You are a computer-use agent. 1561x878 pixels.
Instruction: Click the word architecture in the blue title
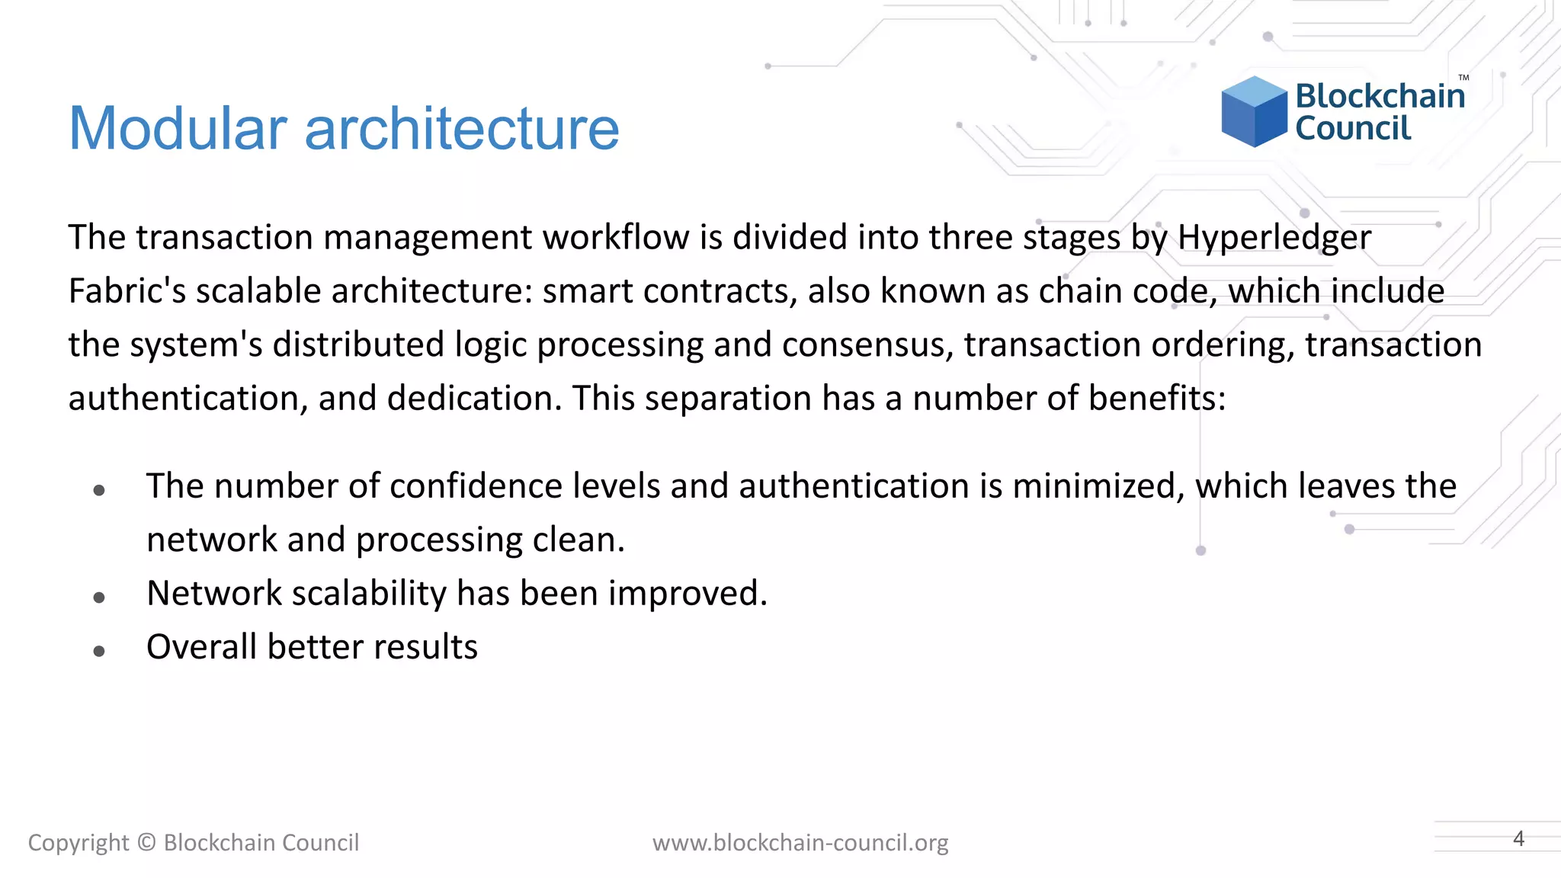[x=462, y=128]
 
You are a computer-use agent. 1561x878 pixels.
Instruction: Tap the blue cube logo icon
[x=1254, y=112]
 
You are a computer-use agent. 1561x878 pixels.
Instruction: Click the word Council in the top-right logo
[x=1353, y=128]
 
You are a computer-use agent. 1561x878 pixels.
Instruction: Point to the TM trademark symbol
[x=1463, y=78]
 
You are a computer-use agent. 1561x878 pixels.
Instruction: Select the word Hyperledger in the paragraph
[x=1274, y=237]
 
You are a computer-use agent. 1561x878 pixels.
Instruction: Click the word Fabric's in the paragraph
[x=127, y=291]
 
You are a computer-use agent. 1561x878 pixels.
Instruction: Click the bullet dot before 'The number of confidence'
[x=99, y=490]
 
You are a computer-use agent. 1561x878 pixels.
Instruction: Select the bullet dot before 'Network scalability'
[x=99, y=598]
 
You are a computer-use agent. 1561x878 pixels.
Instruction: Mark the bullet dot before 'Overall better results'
[x=99, y=651]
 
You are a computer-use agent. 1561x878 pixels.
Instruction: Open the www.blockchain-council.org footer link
[x=800, y=842]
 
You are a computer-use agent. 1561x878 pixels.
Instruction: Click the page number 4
[x=1518, y=838]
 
